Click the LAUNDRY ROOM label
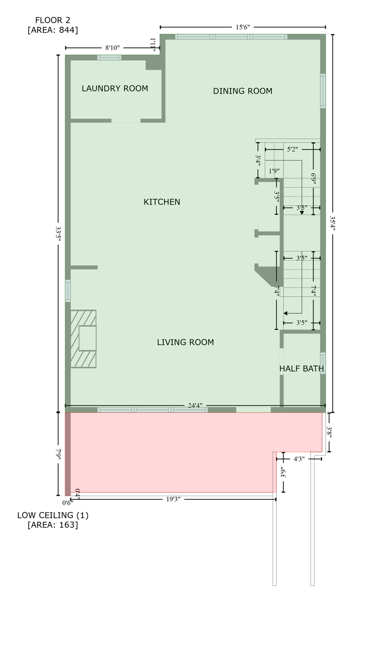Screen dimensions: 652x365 [x=115, y=88]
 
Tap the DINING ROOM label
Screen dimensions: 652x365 [x=242, y=91]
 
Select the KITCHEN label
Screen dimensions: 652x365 [x=162, y=202]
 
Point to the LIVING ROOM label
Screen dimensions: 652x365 [x=185, y=342]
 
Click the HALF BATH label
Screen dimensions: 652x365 [x=301, y=369]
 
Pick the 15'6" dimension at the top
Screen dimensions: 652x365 [x=242, y=27]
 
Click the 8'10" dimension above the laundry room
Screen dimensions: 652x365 [x=112, y=48]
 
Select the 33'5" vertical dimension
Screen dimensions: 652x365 [x=59, y=234]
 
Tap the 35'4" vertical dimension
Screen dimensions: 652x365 [x=333, y=224]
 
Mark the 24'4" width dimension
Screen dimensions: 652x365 [x=195, y=406]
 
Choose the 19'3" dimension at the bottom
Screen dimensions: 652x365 [x=173, y=500]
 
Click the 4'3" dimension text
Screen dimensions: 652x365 [x=299, y=459]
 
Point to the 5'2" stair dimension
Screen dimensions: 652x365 [x=293, y=149]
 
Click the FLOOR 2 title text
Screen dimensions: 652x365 [x=53, y=20]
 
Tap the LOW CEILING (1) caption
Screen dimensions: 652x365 [x=53, y=515]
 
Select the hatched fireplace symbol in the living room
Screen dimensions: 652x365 [x=84, y=339]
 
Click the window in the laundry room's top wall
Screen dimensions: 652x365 [x=109, y=58]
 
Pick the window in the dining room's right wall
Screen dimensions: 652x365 [x=323, y=91]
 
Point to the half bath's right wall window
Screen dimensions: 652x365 [x=323, y=363]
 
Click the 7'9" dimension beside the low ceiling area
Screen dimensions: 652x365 [x=59, y=453]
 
